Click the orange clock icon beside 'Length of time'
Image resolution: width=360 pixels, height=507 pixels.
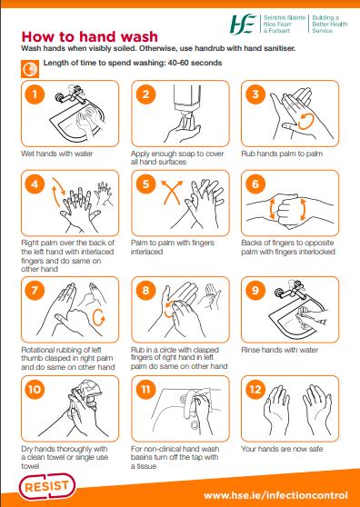click(x=28, y=68)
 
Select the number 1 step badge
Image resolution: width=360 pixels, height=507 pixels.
click(x=35, y=94)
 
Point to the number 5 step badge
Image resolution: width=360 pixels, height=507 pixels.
click(x=145, y=184)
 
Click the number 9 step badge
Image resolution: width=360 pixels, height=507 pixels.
click(x=255, y=291)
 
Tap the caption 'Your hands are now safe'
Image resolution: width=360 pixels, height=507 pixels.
click(x=282, y=448)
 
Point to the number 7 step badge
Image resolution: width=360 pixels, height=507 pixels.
click(x=35, y=291)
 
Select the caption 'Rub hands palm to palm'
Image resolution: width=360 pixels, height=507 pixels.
click(x=282, y=154)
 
